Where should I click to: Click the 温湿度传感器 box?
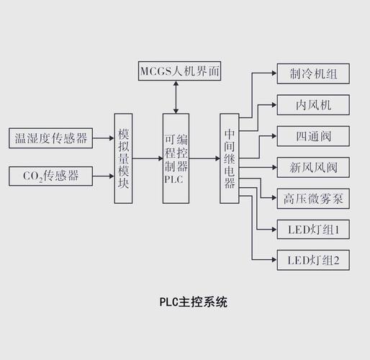51,138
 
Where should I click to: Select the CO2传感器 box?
51,175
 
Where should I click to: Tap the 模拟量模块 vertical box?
124,158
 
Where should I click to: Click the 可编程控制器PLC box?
176,158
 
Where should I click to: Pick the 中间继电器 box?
229,158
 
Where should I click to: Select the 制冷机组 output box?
313,73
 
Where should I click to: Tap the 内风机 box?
313,105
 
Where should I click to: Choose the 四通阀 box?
313,136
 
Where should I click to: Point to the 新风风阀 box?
313,168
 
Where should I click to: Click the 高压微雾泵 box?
313,199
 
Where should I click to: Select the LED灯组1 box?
313,230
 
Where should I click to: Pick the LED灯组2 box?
313,260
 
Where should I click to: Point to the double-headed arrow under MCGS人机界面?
175,96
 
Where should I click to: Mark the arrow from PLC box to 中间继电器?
204,158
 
